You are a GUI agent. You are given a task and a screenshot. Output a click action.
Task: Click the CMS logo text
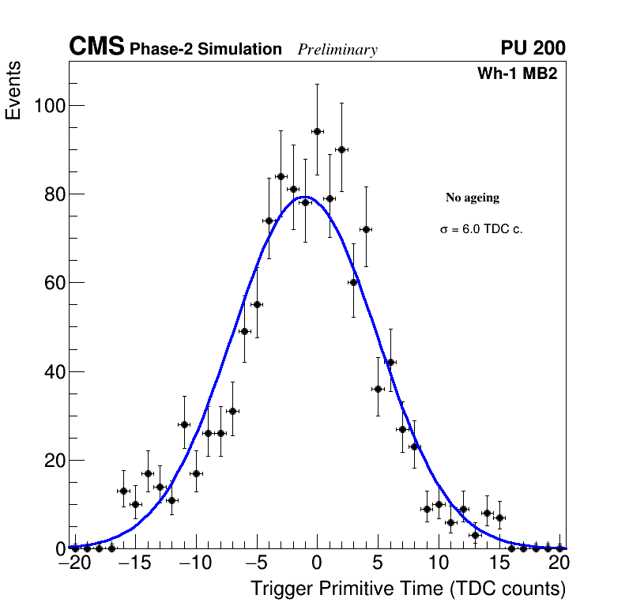point(96,47)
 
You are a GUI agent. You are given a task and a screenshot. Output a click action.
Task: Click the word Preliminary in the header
point(337,50)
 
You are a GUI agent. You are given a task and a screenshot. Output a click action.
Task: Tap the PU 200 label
point(533,48)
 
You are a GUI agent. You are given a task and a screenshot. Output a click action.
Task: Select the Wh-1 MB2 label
point(518,74)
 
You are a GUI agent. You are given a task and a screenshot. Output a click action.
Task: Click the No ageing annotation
point(473,198)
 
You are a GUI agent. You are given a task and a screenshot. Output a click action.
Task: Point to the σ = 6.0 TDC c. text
point(481,229)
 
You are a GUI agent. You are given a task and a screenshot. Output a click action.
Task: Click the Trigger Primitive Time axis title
point(408,589)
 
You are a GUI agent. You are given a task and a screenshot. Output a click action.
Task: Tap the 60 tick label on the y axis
point(50,283)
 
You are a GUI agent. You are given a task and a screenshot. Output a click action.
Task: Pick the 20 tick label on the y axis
point(50,460)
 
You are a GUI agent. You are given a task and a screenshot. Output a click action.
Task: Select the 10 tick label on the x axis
point(439,563)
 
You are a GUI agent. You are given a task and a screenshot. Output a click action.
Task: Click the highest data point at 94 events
point(317,131)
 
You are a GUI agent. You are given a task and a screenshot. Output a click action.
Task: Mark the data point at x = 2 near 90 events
point(341,149)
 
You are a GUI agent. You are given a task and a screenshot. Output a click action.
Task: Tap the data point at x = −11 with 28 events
point(184,424)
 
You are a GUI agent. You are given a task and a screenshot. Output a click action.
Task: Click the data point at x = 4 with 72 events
point(366,229)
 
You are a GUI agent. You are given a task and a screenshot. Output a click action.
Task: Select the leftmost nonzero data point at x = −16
point(123,491)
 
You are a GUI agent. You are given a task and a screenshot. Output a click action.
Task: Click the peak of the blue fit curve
point(305,197)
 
